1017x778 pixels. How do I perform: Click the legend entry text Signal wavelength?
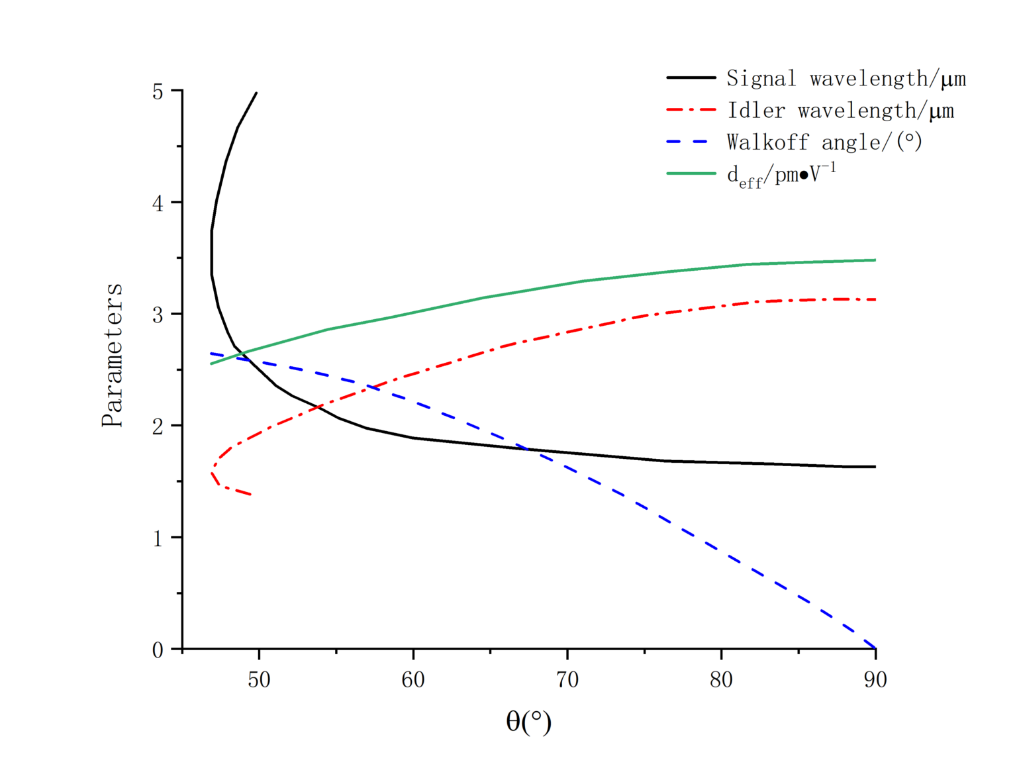point(846,79)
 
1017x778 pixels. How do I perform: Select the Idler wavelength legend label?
point(840,111)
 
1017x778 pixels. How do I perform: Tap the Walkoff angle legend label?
point(824,142)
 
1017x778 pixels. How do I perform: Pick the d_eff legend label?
point(781,175)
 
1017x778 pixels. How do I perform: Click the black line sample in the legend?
point(691,77)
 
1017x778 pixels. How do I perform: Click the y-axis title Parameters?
point(112,355)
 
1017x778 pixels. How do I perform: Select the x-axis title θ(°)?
point(528,721)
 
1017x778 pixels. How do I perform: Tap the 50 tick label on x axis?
point(259,680)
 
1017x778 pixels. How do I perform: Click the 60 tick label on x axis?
point(413,680)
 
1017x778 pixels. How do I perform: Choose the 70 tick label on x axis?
point(567,680)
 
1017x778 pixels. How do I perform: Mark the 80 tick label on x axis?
point(721,680)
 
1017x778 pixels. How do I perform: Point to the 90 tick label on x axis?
point(875,680)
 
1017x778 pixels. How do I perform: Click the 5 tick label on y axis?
point(158,91)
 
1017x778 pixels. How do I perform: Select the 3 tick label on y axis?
point(158,315)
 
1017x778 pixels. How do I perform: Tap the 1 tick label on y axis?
point(158,538)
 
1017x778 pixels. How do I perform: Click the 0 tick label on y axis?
point(158,650)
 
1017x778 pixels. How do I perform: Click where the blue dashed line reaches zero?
point(875,648)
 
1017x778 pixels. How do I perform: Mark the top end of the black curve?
point(256,93)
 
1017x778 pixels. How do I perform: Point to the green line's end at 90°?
point(875,260)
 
